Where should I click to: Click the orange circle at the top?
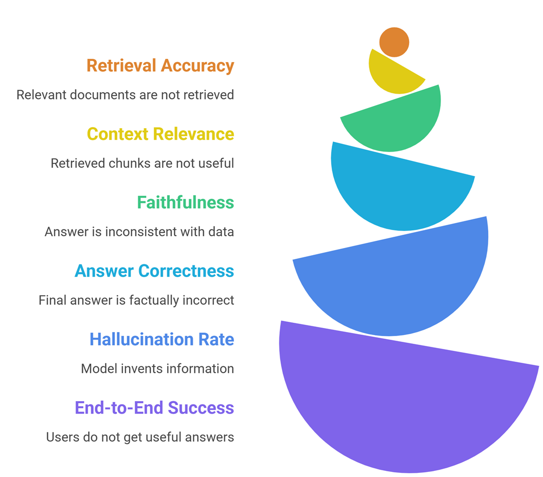394,42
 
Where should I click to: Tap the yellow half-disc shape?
392,76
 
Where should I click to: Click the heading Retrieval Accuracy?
160,66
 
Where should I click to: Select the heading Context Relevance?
160,134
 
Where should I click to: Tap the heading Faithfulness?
185,202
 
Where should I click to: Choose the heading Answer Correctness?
154,271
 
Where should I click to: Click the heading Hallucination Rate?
162,339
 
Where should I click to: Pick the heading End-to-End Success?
154,407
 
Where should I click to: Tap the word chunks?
120,163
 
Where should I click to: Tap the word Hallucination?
136,339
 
